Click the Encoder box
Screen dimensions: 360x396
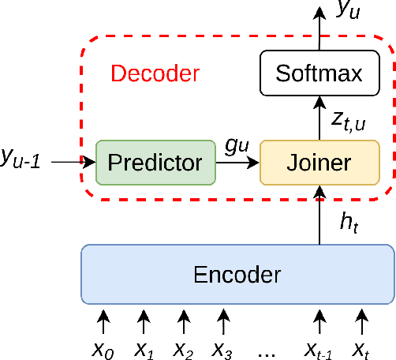coord(237,275)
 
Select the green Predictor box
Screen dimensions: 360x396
coord(155,163)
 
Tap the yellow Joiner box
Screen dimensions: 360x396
coord(319,163)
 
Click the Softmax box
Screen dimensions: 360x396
coord(319,74)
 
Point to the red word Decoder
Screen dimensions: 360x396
coord(155,74)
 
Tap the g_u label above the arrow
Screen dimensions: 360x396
coord(237,148)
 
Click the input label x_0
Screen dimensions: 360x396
coord(103,348)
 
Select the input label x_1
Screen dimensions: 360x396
coord(144,348)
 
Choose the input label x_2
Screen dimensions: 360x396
coord(184,348)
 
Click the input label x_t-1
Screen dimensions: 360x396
coord(319,348)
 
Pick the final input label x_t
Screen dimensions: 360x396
coord(361,348)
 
